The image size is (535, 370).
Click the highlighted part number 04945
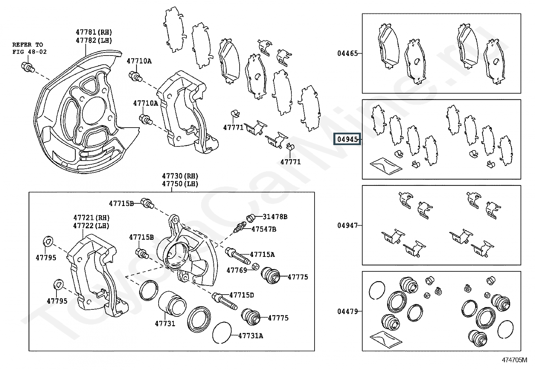(x=347, y=139)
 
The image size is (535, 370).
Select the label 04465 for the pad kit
(x=347, y=53)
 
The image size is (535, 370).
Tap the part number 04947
(x=347, y=225)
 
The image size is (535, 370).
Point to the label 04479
(x=347, y=311)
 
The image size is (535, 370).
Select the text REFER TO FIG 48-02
(x=30, y=48)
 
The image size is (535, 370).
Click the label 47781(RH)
(x=94, y=32)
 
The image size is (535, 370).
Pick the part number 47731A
(x=251, y=335)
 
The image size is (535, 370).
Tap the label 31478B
(x=275, y=217)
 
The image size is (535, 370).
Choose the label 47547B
(x=264, y=229)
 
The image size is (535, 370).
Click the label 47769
(x=237, y=270)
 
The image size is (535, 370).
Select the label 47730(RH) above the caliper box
(x=180, y=176)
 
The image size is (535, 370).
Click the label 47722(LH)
(x=91, y=226)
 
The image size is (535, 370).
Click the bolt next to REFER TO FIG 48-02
(x=27, y=67)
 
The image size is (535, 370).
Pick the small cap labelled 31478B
(x=251, y=218)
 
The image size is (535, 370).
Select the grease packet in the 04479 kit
(x=385, y=339)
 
